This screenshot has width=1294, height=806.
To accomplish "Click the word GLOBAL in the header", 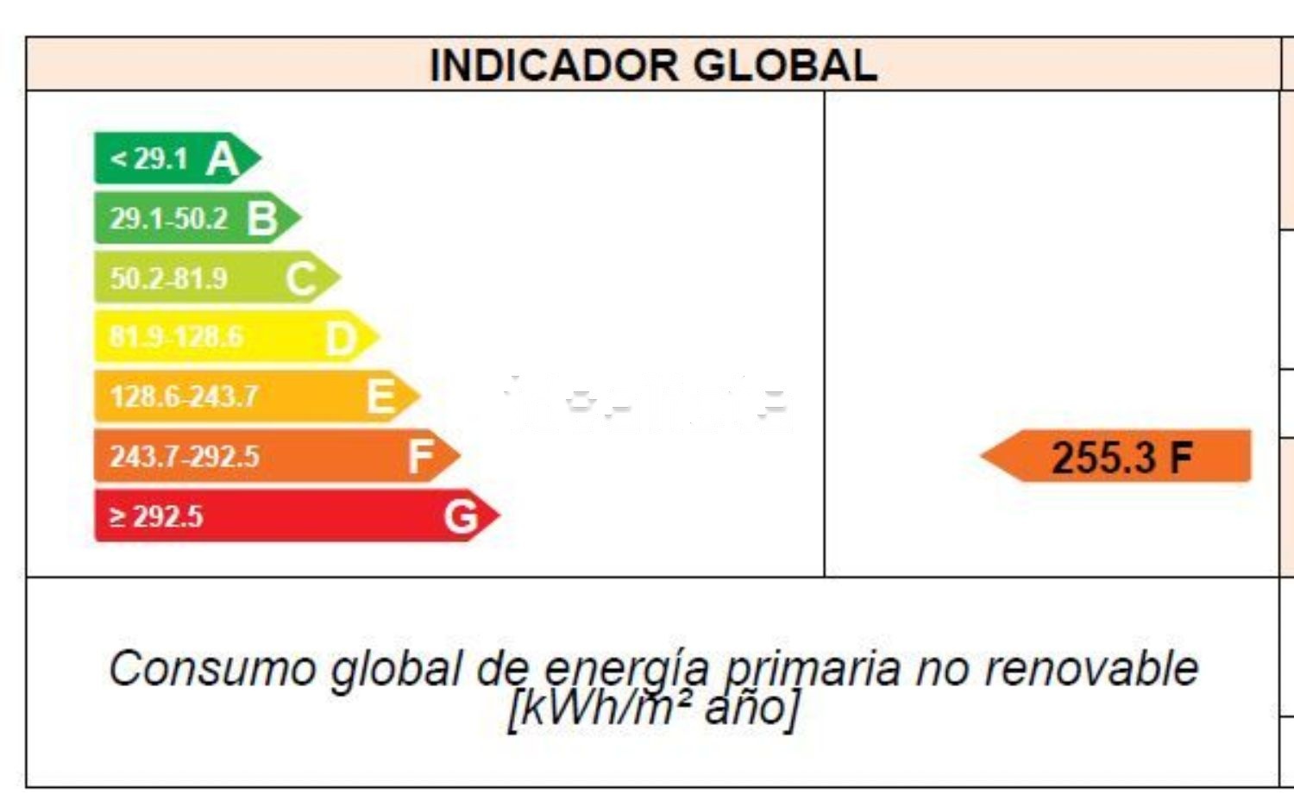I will pyautogui.click(x=785, y=66).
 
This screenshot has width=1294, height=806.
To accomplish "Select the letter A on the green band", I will pyautogui.click(x=223, y=159).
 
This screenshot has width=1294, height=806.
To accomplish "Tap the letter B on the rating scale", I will pyautogui.click(x=262, y=219).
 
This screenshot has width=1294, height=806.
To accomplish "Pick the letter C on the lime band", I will pyautogui.click(x=301, y=279).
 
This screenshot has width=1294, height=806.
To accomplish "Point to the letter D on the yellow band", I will pyautogui.click(x=341, y=339).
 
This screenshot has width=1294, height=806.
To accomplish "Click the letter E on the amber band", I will pyautogui.click(x=380, y=397).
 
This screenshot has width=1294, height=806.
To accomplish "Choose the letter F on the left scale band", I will pyautogui.click(x=420, y=457).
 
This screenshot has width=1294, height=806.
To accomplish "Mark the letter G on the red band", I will pyautogui.click(x=461, y=517).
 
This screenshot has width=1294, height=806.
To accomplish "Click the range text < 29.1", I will pyautogui.click(x=148, y=159).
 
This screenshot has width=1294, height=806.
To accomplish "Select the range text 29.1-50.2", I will pyautogui.click(x=168, y=219).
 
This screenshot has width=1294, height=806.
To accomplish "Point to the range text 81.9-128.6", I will pyautogui.click(x=176, y=336).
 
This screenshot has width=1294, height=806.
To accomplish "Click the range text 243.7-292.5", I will pyautogui.click(x=184, y=457).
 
